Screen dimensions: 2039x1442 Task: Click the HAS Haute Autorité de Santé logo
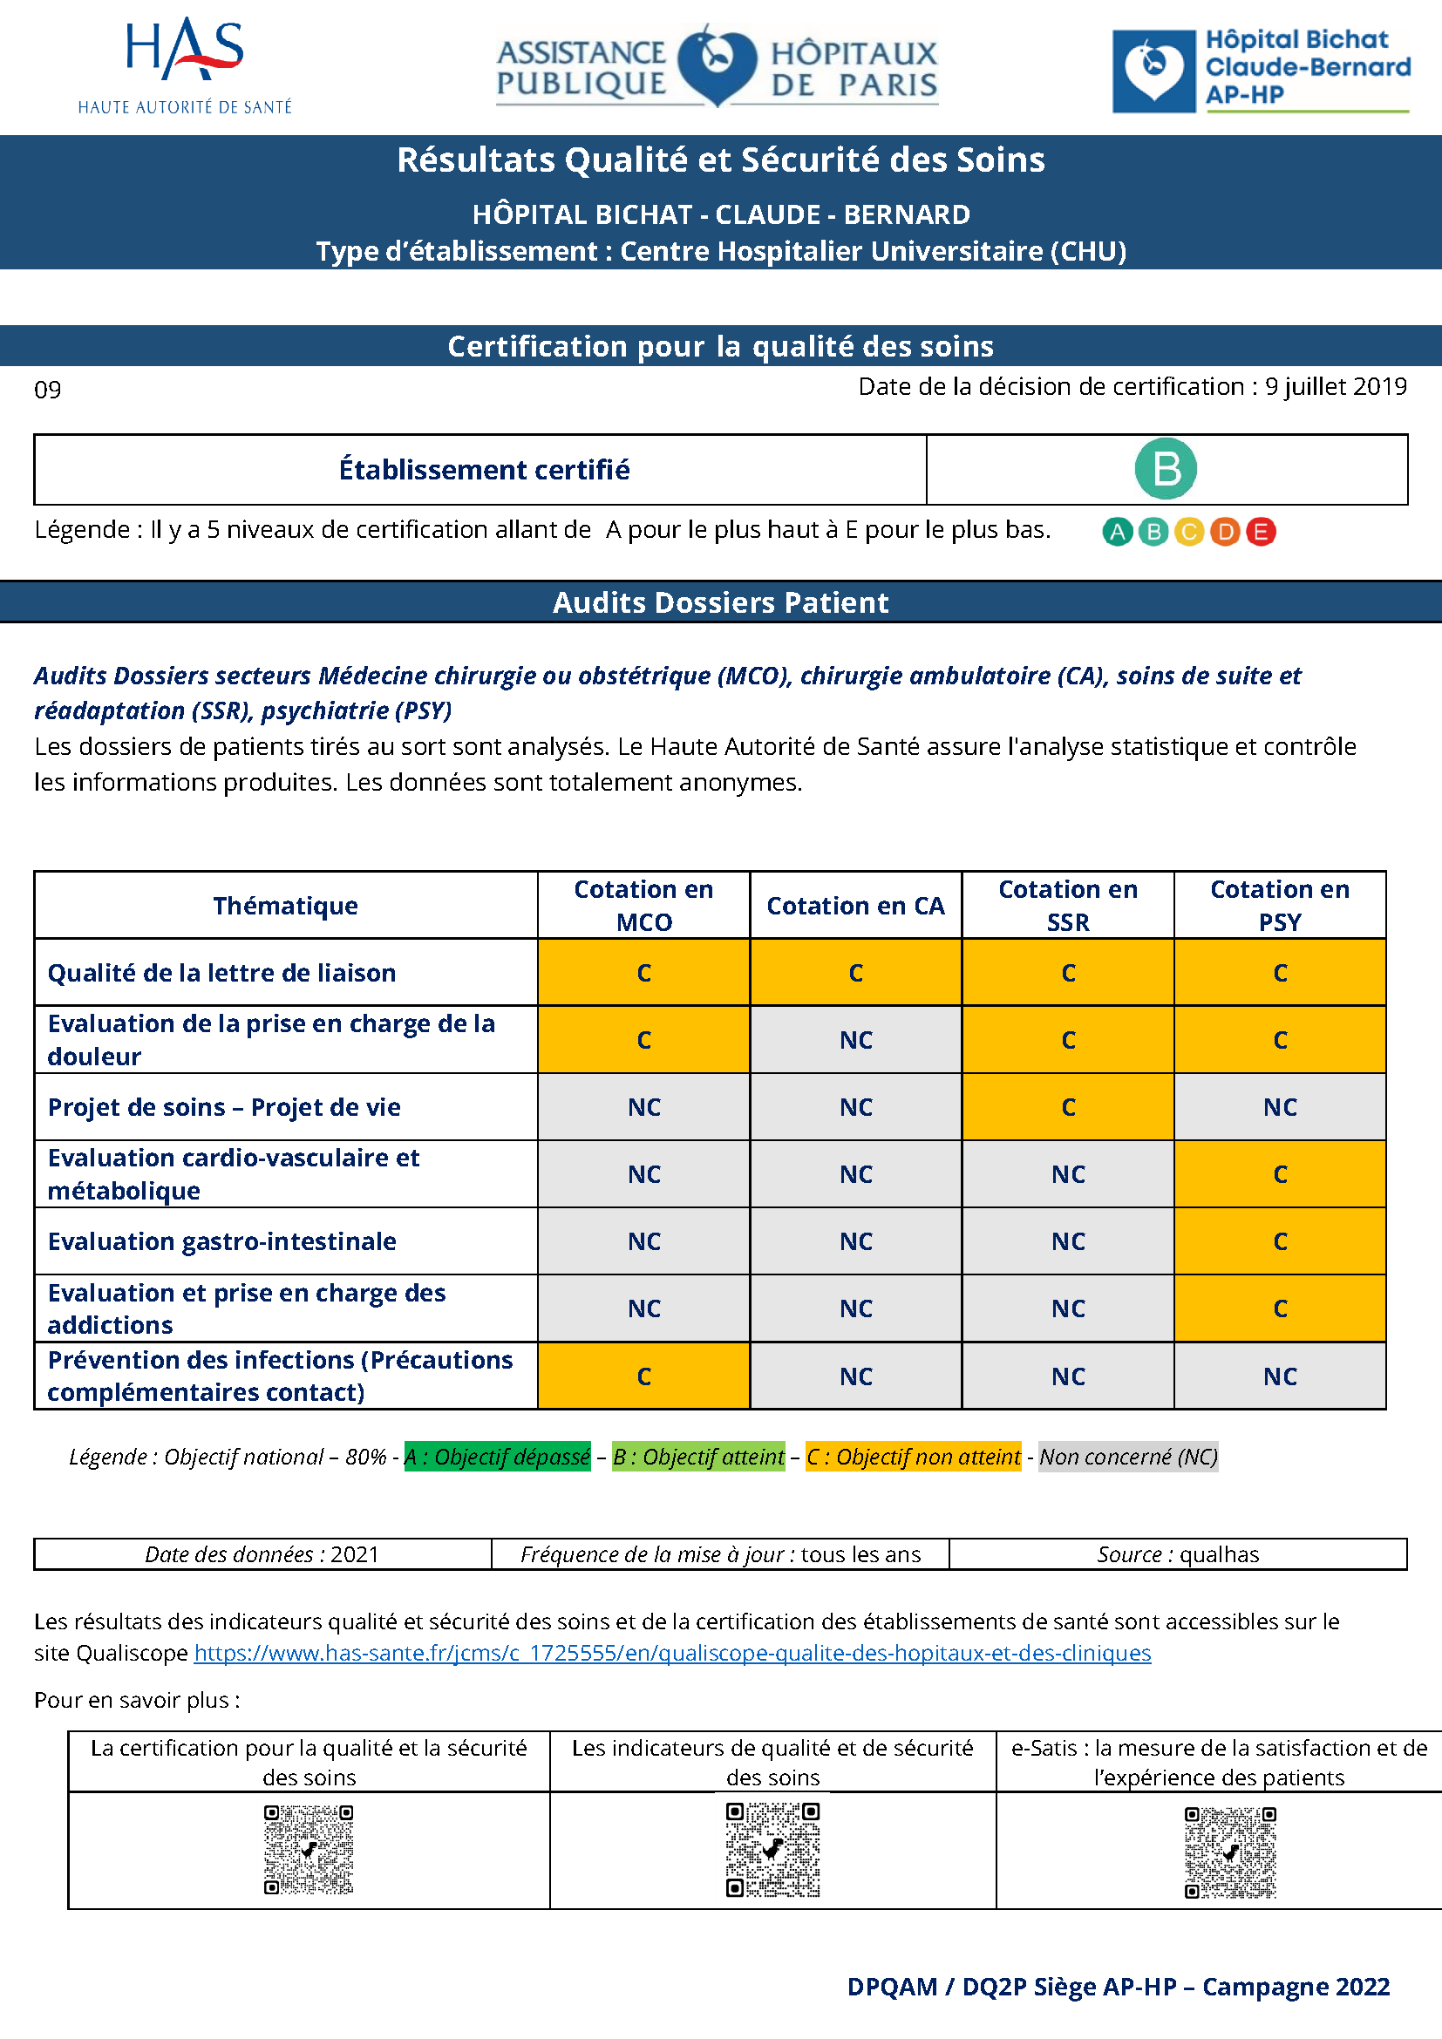(x=185, y=65)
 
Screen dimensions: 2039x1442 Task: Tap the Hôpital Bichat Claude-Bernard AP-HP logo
(x=1261, y=69)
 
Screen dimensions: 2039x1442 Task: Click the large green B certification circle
(x=1165, y=469)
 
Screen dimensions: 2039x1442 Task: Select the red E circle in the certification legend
(x=1260, y=531)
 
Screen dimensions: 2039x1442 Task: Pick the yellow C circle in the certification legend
(x=1188, y=531)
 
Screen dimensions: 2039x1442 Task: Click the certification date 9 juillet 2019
(x=1336, y=386)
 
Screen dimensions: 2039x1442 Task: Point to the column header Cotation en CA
(x=855, y=905)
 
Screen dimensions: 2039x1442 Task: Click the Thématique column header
(x=285, y=905)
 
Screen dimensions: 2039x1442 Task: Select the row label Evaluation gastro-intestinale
(x=222, y=1240)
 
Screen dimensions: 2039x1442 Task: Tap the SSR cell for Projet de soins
(x=1067, y=1106)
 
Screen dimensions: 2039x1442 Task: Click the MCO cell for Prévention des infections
(x=643, y=1376)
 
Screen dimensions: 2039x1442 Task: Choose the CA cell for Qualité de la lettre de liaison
(x=855, y=973)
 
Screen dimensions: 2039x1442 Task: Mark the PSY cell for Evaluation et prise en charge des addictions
(x=1280, y=1308)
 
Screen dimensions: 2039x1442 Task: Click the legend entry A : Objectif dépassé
(x=497, y=1457)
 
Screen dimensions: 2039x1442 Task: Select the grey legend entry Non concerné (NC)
(x=1127, y=1457)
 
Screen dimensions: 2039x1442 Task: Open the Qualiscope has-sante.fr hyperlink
(x=672, y=1653)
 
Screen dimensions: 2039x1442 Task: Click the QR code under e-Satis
(x=1230, y=1852)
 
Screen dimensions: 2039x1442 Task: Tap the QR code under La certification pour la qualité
(x=308, y=1849)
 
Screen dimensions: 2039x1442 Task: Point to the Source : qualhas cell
(x=1177, y=1554)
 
